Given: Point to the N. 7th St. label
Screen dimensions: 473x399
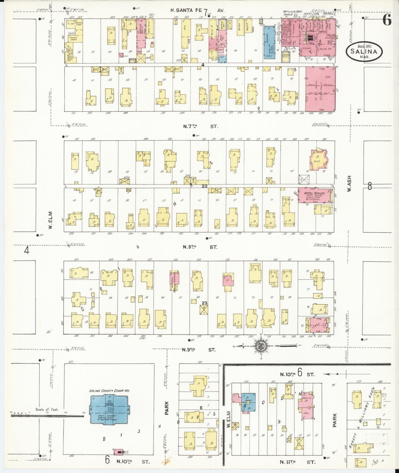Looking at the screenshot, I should [200, 127].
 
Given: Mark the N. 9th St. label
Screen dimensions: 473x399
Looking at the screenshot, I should [199, 350].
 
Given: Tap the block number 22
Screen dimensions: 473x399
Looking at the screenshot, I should [204, 186].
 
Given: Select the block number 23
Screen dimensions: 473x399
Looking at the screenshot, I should [205, 303].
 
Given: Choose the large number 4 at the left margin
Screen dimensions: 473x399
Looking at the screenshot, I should [27, 250].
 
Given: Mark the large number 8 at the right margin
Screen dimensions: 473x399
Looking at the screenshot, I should [369, 187].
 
